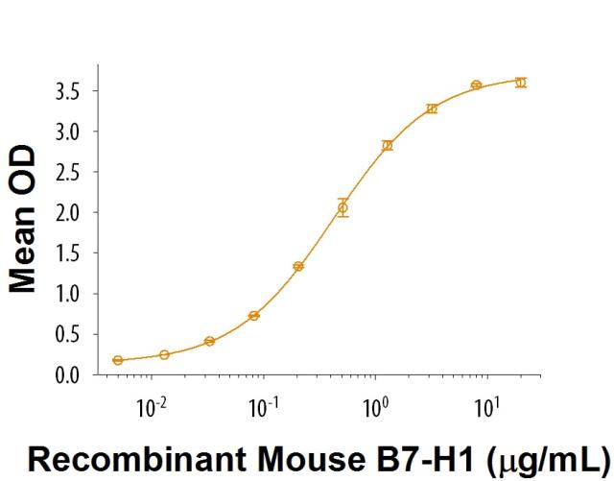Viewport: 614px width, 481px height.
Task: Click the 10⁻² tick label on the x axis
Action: point(148,408)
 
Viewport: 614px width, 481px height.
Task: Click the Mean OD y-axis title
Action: point(26,220)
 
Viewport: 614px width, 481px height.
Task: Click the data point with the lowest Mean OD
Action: point(118,360)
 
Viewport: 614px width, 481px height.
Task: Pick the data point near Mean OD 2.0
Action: point(342,207)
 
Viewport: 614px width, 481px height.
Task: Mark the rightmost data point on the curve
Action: point(521,83)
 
